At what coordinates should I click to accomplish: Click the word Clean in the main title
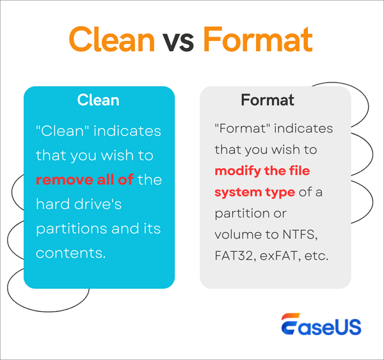pyautogui.click(x=111, y=40)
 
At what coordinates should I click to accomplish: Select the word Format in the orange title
pyautogui.click(x=257, y=40)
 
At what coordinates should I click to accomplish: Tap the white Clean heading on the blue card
pyautogui.click(x=98, y=100)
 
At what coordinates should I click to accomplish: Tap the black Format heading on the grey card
pyautogui.click(x=268, y=100)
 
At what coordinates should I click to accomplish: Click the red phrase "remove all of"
pyautogui.click(x=84, y=180)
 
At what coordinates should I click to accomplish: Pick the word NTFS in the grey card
pyautogui.click(x=312, y=235)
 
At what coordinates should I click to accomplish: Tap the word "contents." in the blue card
pyautogui.click(x=70, y=253)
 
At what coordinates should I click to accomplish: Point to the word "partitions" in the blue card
pyautogui.click(x=71, y=228)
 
